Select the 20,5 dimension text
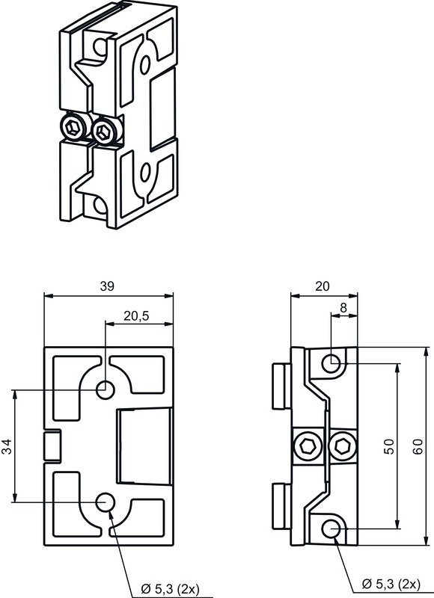pyautogui.click(x=135, y=316)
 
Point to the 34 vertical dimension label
pyautogui.click(x=7, y=447)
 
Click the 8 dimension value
pyautogui.click(x=343, y=306)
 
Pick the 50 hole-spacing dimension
pyautogui.click(x=388, y=447)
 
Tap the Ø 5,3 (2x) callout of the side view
pyautogui.click(x=391, y=582)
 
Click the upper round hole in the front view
pyautogui.click(x=106, y=389)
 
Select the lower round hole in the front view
pyautogui.click(x=106, y=502)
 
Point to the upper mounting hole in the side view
pyautogui.click(x=333, y=364)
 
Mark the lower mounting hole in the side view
pyautogui.click(x=333, y=530)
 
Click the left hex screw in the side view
pyautogui.click(x=308, y=447)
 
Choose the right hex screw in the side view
pyautogui.click(x=343, y=447)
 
